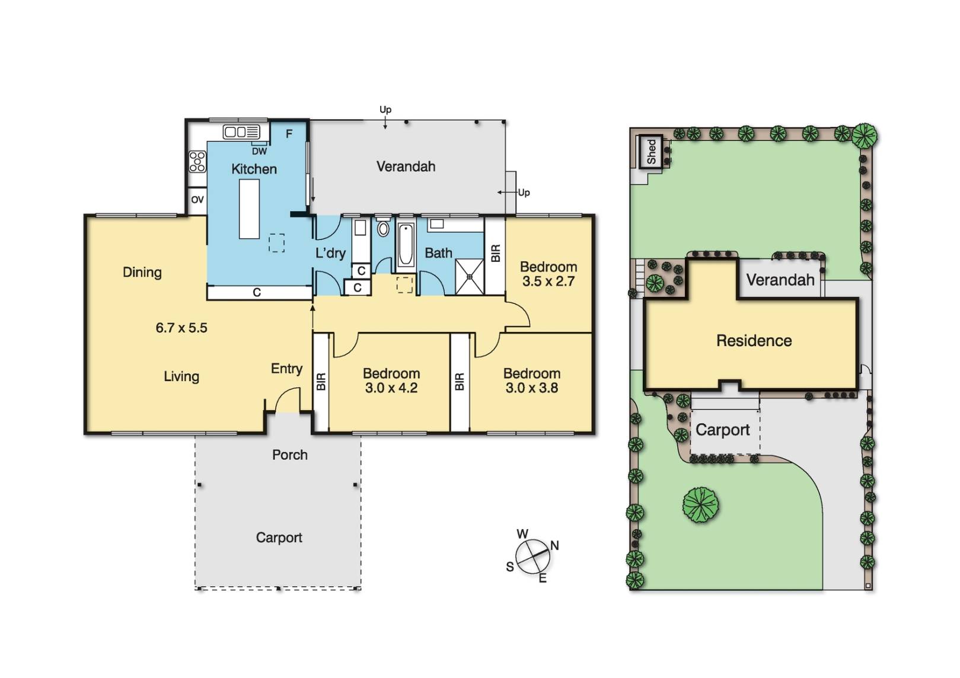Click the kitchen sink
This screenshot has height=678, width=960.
[241, 132]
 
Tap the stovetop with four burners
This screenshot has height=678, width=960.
[197, 161]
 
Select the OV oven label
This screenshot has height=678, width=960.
[197, 200]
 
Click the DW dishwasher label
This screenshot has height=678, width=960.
[259, 151]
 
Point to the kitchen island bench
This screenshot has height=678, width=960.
[249, 209]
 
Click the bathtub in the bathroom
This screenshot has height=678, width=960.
[405, 245]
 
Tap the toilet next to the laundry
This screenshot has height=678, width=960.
[382, 228]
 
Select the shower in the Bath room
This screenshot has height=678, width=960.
[470, 277]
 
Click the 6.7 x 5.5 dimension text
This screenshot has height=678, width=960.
[181, 328]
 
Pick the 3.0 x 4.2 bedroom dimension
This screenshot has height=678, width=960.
[391, 388]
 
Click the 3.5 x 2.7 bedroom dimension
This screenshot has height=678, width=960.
[548, 281]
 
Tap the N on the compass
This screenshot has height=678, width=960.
[554, 545]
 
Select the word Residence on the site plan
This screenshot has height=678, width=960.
[754, 341]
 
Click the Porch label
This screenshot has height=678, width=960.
[290, 455]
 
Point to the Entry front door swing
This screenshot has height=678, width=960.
[288, 399]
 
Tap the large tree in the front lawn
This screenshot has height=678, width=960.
[700, 504]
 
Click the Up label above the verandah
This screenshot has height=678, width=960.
[385, 110]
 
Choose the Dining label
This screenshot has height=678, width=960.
[142, 273]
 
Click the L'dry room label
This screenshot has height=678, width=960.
[330, 253]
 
